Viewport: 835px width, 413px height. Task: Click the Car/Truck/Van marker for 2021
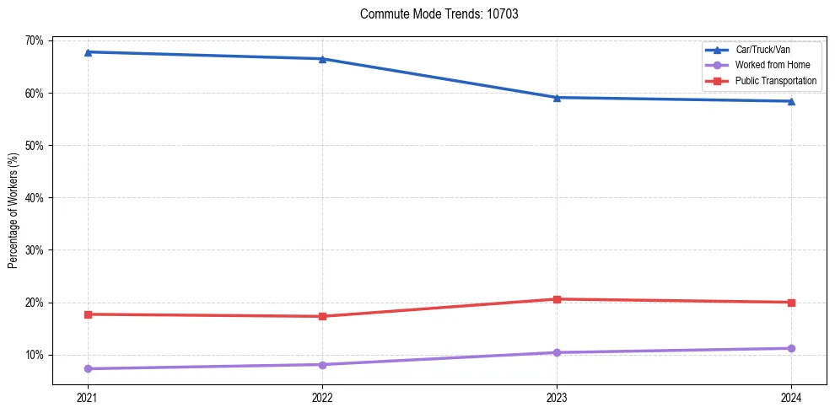coord(88,52)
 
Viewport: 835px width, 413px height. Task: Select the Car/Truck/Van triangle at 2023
coord(557,98)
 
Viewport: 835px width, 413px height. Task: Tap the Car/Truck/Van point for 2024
coord(791,101)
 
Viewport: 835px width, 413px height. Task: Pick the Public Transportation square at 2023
coord(557,299)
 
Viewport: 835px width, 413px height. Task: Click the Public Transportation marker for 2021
coord(88,314)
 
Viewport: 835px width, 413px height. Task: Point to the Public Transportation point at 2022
coord(322,316)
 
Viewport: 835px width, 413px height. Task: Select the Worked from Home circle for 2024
coord(791,348)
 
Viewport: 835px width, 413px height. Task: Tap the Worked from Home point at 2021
coord(88,368)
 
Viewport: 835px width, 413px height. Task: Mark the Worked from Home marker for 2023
coord(557,352)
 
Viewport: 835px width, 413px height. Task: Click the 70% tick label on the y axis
coord(35,40)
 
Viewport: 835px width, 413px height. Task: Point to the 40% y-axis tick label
coord(35,198)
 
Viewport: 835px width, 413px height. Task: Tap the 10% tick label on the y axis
coord(35,355)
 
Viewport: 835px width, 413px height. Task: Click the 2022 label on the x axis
coord(322,396)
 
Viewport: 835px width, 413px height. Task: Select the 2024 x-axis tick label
coord(791,396)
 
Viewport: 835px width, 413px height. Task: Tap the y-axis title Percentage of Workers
coord(13,211)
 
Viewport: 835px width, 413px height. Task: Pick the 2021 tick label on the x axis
coord(88,396)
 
